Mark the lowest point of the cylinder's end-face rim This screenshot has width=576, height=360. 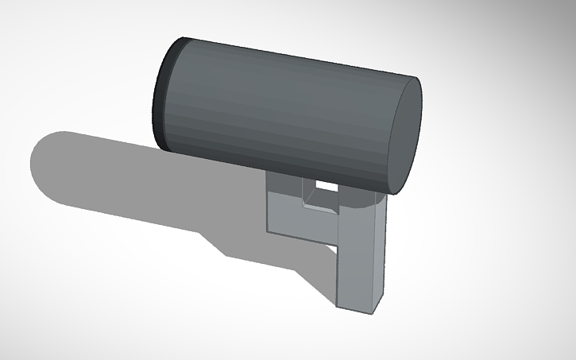(395, 194)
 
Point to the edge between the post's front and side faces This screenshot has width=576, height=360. (373, 254)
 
